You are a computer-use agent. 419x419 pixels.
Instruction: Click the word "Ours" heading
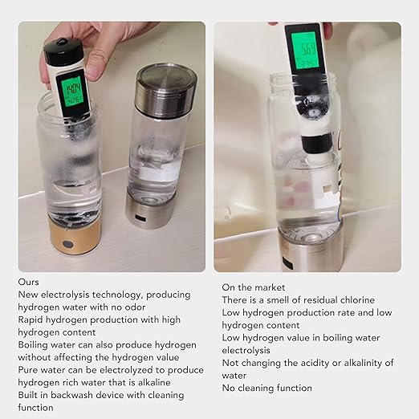tap(29, 283)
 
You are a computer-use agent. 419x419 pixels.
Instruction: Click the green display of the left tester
tap(73, 91)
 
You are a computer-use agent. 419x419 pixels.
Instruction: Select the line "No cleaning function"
tap(266, 388)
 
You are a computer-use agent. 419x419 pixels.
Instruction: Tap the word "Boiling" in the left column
tap(35, 345)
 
